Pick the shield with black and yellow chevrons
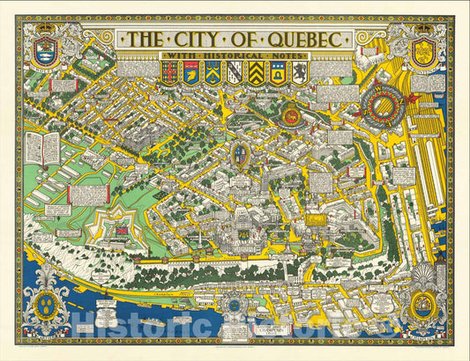click(x=257, y=73)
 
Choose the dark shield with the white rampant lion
click(x=300, y=73)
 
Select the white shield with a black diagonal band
click(x=235, y=73)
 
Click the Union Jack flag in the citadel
click(x=121, y=230)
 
